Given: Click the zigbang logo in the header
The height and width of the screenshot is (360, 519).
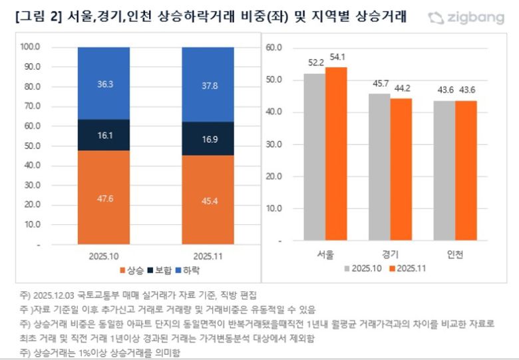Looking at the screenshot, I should [466, 17].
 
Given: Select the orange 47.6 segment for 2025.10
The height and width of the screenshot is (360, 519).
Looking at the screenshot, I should [103, 197].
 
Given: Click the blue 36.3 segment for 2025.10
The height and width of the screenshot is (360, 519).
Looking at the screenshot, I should [103, 83].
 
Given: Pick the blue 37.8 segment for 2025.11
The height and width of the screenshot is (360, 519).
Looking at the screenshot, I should [208, 85].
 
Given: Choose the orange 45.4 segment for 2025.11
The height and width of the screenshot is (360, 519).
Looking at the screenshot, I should [208, 200].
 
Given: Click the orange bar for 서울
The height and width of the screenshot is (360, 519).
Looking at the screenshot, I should [336, 154].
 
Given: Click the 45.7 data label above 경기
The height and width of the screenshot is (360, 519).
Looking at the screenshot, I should [379, 85].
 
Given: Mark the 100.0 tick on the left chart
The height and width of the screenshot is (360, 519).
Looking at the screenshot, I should [31, 47].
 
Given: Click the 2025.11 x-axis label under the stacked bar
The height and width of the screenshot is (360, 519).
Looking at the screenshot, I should [208, 256].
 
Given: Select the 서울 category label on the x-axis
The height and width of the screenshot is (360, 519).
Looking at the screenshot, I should [325, 255].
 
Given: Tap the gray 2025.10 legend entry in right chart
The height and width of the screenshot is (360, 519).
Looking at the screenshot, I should [361, 269].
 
